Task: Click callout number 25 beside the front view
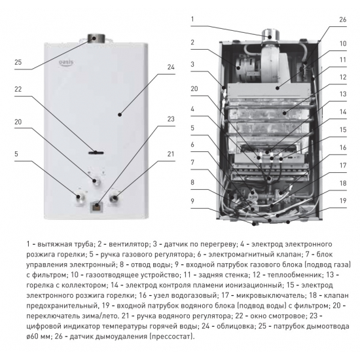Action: tap(18, 63)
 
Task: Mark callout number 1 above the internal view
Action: tap(193, 19)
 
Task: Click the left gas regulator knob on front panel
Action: tap(80, 194)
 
